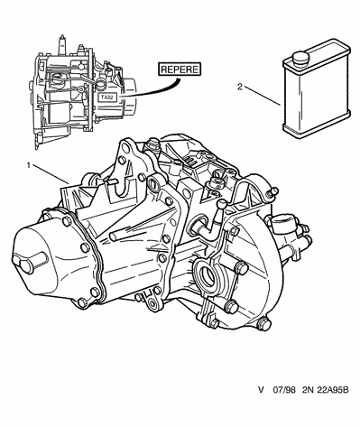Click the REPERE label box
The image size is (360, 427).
point(180,70)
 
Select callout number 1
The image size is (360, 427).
point(29,165)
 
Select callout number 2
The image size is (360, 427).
point(240,88)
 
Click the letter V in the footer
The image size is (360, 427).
point(261,390)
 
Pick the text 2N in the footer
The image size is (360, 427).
point(307,390)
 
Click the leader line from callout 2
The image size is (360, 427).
point(262,96)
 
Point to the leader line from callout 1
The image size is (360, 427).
point(51,173)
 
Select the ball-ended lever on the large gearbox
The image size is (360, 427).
point(219,215)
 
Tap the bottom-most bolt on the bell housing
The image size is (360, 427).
point(264,324)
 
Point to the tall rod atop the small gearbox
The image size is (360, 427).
point(62,44)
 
